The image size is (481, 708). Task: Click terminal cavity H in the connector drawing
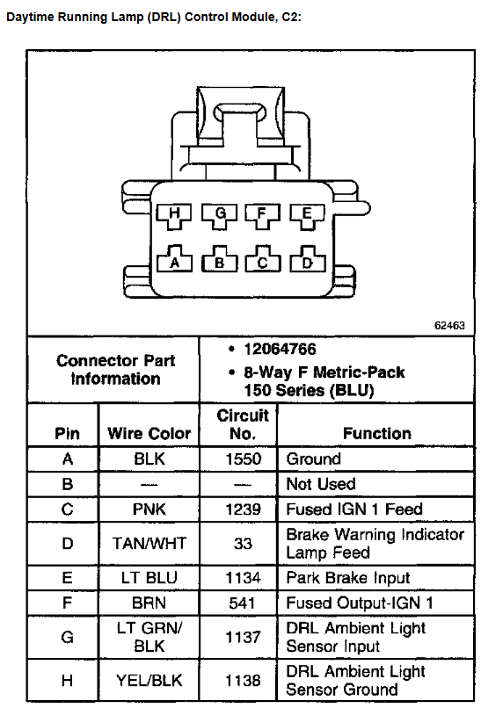click(x=174, y=216)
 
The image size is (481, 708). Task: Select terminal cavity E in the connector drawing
click(x=308, y=216)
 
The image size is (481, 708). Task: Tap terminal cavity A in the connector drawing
click(x=174, y=259)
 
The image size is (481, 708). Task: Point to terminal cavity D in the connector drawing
click(x=308, y=259)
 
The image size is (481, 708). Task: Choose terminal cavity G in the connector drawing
click(x=220, y=216)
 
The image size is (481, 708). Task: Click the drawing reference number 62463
click(x=449, y=325)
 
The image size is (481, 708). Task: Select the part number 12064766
click(x=280, y=349)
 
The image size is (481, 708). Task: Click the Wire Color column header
click(x=149, y=433)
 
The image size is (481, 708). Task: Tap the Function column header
click(x=377, y=433)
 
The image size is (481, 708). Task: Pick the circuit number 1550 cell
click(x=244, y=459)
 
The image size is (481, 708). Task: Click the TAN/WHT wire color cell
click(x=149, y=543)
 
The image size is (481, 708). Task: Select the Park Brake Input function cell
click(x=348, y=577)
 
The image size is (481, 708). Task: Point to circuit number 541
click(x=242, y=603)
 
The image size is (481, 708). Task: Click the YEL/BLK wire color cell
click(x=149, y=681)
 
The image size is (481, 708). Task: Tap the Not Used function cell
click(x=321, y=484)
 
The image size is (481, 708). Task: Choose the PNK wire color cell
click(x=149, y=509)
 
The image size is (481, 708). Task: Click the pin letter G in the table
click(x=67, y=637)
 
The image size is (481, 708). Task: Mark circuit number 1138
click(x=244, y=681)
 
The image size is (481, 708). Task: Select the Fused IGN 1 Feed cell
click(x=354, y=509)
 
